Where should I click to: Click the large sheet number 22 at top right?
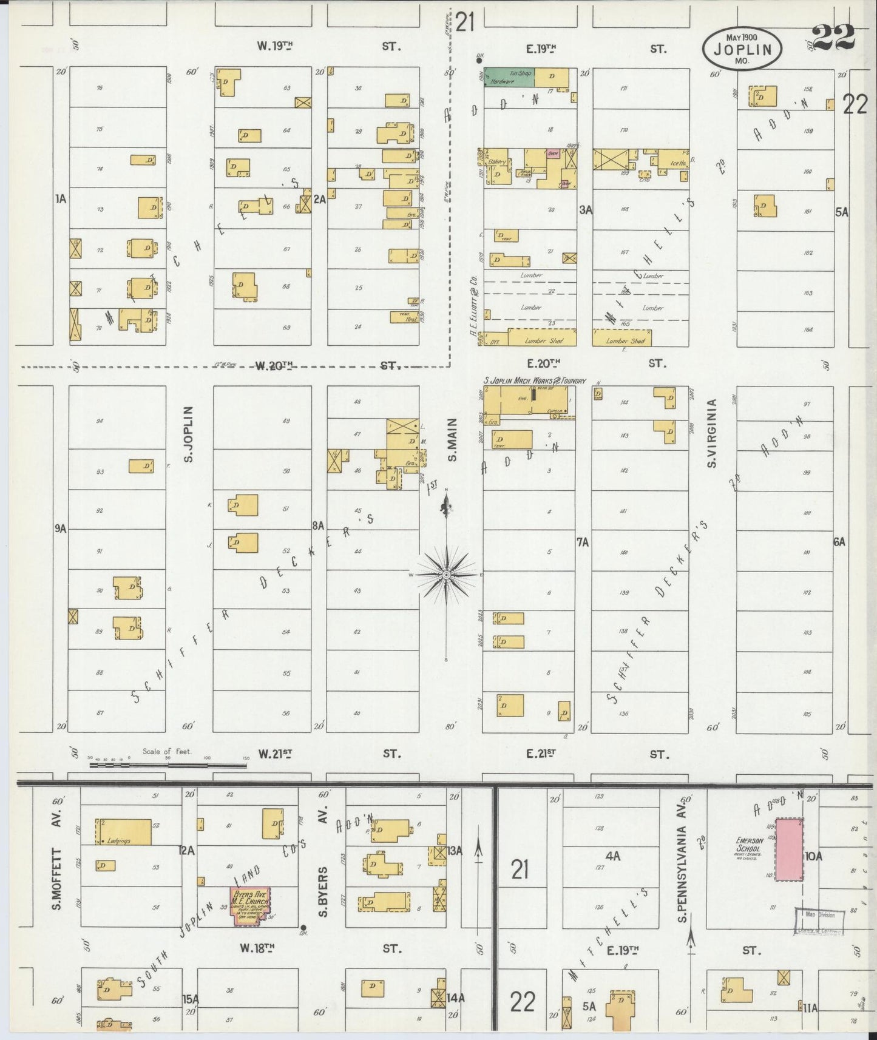pos(833,38)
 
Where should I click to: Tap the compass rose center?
pos(446,574)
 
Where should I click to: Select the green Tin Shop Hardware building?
pos(509,76)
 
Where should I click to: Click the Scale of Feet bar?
pos(168,765)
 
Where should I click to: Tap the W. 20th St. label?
pos(274,365)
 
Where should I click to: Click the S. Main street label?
pos(452,439)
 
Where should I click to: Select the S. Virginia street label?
pos(713,433)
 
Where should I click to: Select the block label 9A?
pos(59,529)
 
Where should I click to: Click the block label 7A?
pos(583,542)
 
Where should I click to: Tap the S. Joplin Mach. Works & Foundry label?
pos(534,380)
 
